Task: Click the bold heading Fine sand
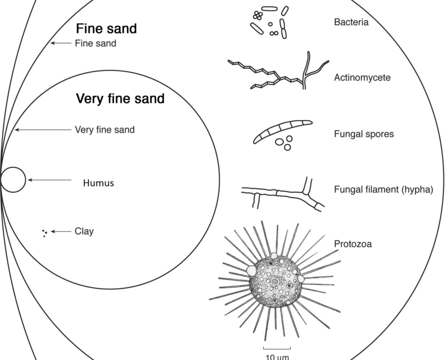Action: pos(106,29)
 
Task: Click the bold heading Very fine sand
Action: pos(120,98)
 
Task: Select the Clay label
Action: pos(84,231)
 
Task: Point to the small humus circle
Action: pos(13,179)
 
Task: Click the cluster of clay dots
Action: pos(45,232)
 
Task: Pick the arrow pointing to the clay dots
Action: pos(61,231)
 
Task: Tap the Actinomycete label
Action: pos(362,77)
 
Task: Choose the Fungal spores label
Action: pos(364,134)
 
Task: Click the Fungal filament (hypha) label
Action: pos(383,189)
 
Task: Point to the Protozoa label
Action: pos(353,244)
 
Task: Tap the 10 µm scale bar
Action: pos(276,348)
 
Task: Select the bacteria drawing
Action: pos(269,23)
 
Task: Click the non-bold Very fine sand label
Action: pos(105,129)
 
